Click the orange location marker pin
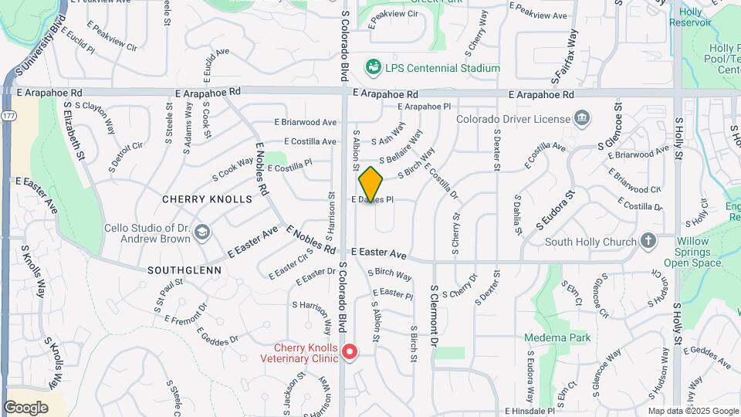point(370,184)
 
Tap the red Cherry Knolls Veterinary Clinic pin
point(349,352)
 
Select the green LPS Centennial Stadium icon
point(374,68)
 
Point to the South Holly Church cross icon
point(648,242)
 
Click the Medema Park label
point(557,337)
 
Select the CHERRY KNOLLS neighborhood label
point(207,199)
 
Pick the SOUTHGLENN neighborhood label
point(184,271)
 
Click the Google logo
point(25,408)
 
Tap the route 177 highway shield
point(8,115)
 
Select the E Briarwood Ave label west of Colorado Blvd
point(306,122)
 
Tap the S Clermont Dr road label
point(435,315)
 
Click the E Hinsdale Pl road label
point(530,412)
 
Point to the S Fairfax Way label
point(565,56)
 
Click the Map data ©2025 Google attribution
point(692,412)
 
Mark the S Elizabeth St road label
point(75,132)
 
